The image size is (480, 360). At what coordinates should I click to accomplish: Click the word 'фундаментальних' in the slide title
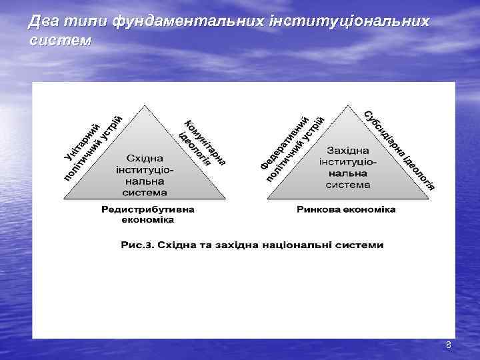tap(189, 22)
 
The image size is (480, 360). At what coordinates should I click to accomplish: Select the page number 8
tap(448, 345)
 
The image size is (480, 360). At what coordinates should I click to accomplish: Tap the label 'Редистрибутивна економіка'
tap(148, 214)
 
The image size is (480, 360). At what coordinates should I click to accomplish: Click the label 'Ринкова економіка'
tap(346, 209)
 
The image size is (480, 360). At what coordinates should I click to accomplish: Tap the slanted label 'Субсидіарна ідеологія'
tap(399, 148)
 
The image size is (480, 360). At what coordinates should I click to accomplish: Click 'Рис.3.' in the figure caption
tap(137, 245)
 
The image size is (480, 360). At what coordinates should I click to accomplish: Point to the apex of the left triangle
tap(145, 105)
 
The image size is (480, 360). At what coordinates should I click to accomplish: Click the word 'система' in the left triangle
tap(145, 192)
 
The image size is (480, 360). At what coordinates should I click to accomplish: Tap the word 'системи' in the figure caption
tap(361, 245)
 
